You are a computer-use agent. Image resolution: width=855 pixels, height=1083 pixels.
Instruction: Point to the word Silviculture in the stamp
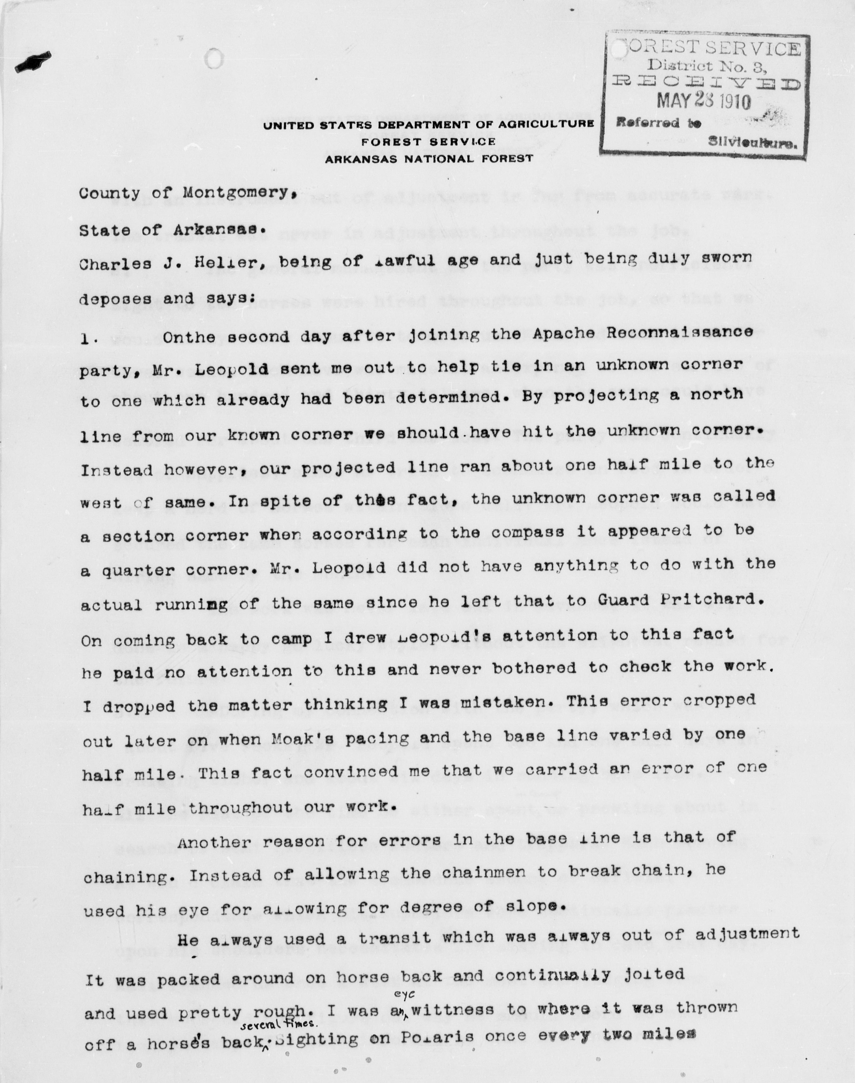pos(751,144)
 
